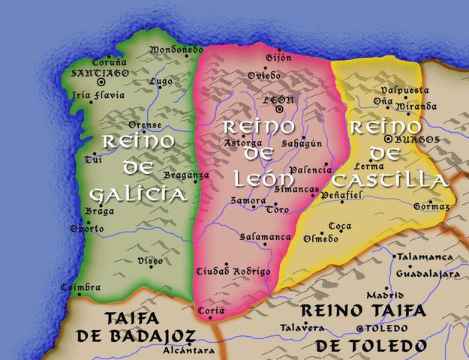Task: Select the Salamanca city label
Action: click(265, 237)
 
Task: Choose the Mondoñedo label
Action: click(177, 50)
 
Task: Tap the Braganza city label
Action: click(185, 175)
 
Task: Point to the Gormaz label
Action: click(431, 206)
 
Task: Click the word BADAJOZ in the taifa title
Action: click(151, 335)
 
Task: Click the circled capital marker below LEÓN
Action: click(279, 109)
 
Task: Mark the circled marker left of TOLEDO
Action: click(360, 328)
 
